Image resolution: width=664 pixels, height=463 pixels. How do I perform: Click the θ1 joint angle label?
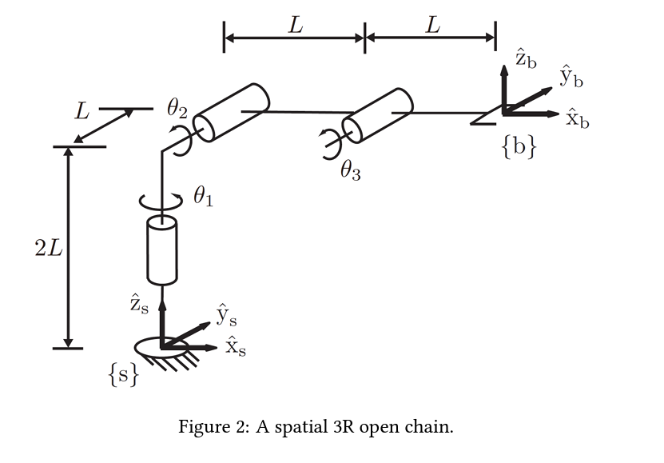[x=203, y=196]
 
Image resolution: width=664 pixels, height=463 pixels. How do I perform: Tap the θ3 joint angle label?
[x=350, y=170]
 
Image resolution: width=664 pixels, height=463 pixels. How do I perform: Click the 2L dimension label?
[x=48, y=249]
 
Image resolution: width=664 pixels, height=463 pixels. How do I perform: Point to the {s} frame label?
[x=124, y=375]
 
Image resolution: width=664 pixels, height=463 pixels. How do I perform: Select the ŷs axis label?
[x=226, y=316]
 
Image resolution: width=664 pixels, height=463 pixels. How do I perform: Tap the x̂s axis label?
[x=234, y=348]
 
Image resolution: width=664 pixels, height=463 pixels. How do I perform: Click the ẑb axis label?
[x=526, y=58]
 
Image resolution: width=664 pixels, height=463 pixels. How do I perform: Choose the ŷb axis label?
[x=571, y=77]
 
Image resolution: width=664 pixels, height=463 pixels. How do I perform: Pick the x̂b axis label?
[x=577, y=119]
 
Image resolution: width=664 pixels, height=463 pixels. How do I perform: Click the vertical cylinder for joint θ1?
[x=161, y=249]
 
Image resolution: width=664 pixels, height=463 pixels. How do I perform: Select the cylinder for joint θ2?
[x=233, y=112]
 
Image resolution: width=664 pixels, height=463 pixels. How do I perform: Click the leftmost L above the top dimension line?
[x=296, y=26]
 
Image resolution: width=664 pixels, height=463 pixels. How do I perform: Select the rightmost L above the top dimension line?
[x=432, y=26]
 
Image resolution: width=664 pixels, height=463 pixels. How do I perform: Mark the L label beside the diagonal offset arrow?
[x=82, y=112]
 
